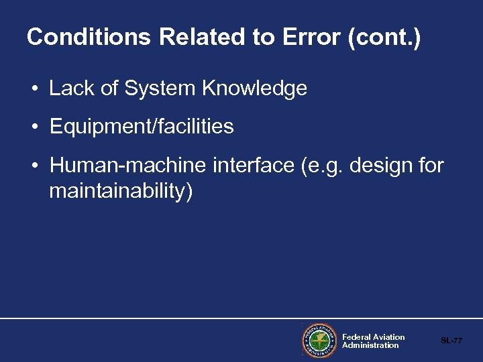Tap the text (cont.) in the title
pyautogui.click(x=384, y=37)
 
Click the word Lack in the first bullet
pyautogui.click(x=71, y=88)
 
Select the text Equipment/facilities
pyautogui.click(x=142, y=127)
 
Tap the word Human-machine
pyautogui.click(x=128, y=165)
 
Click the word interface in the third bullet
pyautogui.click(x=254, y=165)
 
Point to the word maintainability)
pyautogui.click(x=121, y=192)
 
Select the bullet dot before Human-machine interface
pyautogui.click(x=33, y=166)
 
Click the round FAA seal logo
pyautogui.click(x=319, y=341)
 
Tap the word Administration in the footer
pyautogui.click(x=370, y=345)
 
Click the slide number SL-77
pyautogui.click(x=451, y=341)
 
